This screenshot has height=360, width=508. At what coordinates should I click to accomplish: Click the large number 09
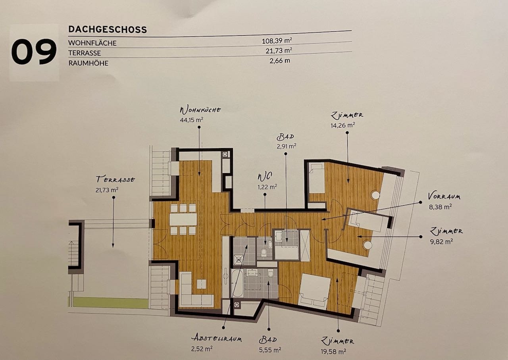[x=34, y=52]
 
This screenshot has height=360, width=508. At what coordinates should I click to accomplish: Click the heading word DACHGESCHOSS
[x=108, y=29]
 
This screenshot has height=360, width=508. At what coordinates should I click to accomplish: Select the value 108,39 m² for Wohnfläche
[x=277, y=41]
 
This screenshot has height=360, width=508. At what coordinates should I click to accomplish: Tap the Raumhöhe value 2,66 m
[x=280, y=61]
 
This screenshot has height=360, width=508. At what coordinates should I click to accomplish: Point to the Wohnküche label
[x=200, y=110]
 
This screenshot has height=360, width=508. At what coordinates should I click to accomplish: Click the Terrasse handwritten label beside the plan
[x=115, y=179]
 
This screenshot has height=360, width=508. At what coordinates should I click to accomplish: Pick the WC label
[x=265, y=177]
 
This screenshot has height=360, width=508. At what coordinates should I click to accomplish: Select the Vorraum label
[x=444, y=196]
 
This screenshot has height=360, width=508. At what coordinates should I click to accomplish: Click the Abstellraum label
[x=217, y=339]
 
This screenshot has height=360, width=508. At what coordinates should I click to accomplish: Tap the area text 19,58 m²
[x=333, y=352]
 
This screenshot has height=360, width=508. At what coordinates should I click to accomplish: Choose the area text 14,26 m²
[x=343, y=125]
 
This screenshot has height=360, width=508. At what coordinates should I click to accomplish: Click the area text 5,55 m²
[x=270, y=350]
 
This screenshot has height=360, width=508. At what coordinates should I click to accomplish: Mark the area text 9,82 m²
[x=441, y=241]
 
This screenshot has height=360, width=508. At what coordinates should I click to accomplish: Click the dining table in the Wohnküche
[x=183, y=219]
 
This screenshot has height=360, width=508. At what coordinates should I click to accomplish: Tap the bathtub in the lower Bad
[x=237, y=283]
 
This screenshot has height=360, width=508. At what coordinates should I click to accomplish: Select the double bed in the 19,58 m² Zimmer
[x=315, y=291]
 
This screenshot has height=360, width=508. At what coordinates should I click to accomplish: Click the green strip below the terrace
[x=108, y=302]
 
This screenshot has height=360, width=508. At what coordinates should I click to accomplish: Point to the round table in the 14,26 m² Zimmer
[x=375, y=195]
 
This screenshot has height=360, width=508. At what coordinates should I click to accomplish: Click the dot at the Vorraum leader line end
[x=420, y=202]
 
